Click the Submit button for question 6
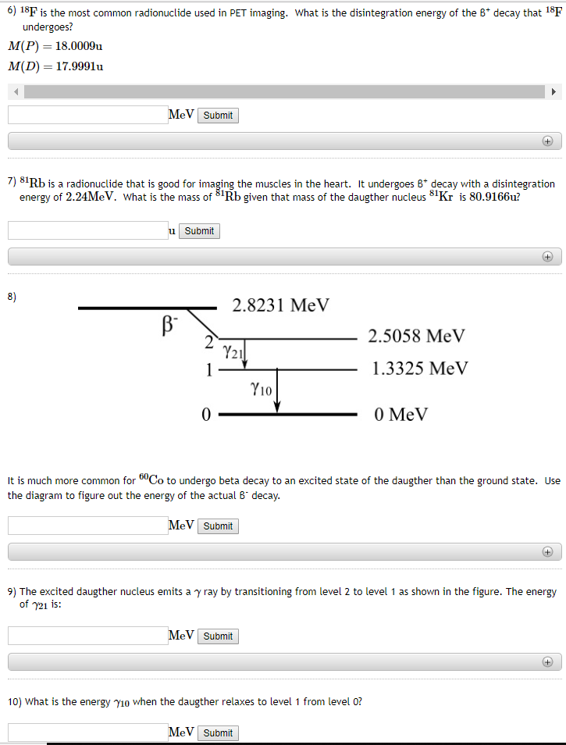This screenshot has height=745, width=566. pos(218,116)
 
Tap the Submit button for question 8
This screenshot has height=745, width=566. pos(218,526)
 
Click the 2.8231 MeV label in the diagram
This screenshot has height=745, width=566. pos(281,305)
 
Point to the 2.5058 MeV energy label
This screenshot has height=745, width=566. pos(416,337)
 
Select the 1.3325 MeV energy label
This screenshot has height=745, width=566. pos(420,369)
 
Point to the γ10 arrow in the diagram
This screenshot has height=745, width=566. pos(277,390)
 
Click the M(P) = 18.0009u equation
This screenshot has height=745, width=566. pos(55,46)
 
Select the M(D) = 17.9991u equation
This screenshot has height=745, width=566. pos(55,66)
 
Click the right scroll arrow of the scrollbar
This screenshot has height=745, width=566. pos(554,91)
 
